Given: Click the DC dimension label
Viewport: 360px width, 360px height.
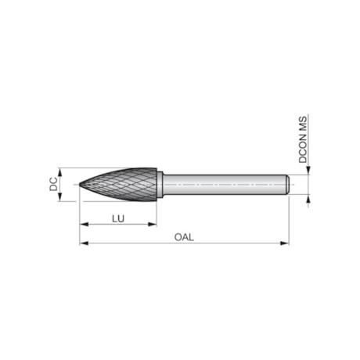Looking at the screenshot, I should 52,185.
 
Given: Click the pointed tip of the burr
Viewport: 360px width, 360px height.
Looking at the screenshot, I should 81,185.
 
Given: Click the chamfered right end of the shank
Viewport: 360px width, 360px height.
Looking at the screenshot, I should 287,185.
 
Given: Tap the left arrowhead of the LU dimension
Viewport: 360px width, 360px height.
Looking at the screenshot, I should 83,225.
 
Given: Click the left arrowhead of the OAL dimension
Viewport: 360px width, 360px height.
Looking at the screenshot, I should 83,243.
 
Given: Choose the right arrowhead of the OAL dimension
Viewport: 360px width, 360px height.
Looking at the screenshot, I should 286,243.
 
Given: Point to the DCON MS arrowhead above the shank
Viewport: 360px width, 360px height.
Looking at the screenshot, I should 308,171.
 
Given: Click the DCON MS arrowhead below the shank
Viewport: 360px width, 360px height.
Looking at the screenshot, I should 308,199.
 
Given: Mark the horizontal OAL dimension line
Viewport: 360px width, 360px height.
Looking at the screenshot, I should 235,243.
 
